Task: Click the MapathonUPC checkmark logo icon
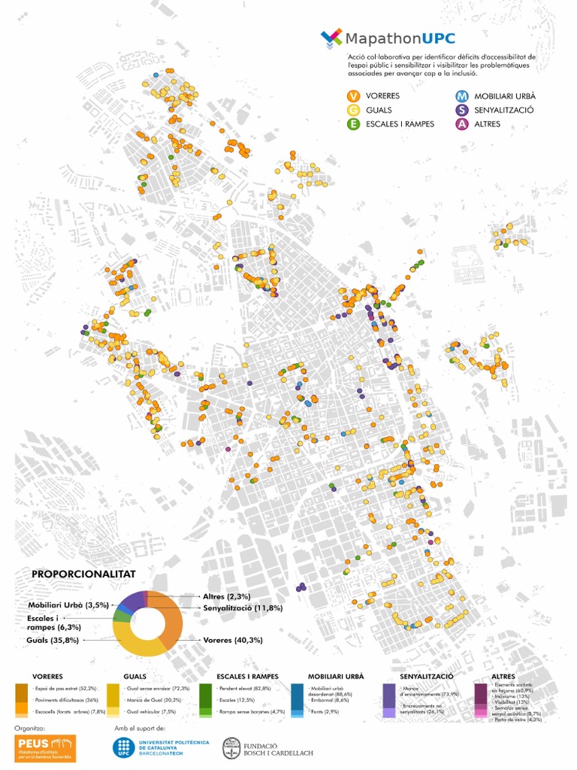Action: pos(331,38)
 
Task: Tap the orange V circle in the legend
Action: pos(352,96)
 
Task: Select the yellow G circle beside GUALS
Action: pos(352,110)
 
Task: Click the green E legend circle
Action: pos(352,124)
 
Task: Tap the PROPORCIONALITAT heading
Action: pos(83,574)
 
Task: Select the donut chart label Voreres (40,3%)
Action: pos(233,641)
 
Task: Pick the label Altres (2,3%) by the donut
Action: pos(227,596)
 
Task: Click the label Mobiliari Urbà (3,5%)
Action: pos(68,605)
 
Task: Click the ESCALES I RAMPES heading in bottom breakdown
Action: pos(247,676)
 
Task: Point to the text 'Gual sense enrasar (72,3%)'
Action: pos(158,688)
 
